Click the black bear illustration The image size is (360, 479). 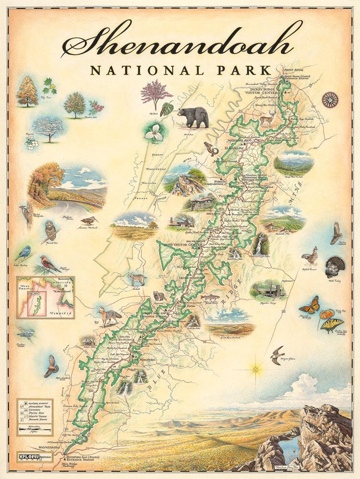pos(193,116)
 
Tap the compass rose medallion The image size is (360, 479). pos(330,100)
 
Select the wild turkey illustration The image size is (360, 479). pos(335,266)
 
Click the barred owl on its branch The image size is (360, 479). pos(50,231)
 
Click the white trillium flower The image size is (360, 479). pos(154,134)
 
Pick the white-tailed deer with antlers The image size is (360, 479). pos(267,118)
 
